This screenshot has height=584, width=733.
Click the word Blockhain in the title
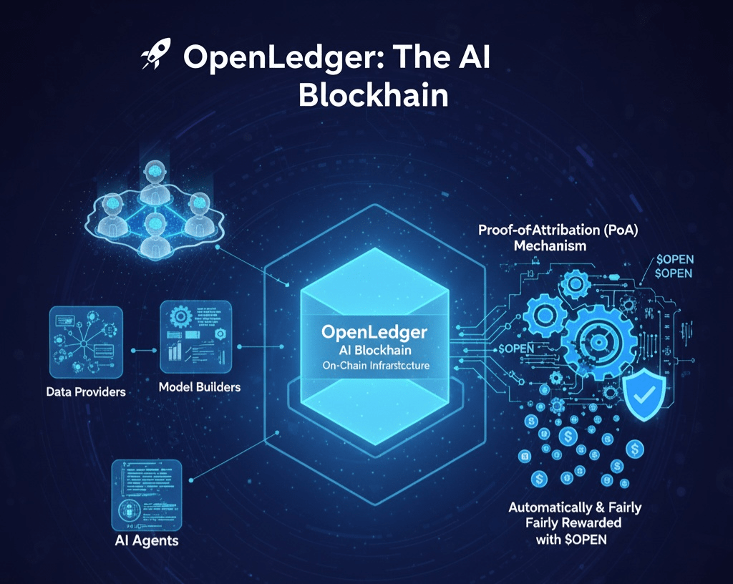click(x=373, y=95)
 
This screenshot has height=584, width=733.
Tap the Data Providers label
click(x=86, y=391)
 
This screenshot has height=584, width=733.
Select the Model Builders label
click(x=199, y=387)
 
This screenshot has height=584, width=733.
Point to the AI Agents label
click(x=146, y=540)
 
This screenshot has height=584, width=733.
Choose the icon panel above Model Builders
click(x=196, y=337)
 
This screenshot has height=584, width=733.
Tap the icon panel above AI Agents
click(x=147, y=494)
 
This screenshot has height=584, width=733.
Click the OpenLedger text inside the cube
click(x=374, y=332)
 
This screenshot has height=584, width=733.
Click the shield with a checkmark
click(x=646, y=396)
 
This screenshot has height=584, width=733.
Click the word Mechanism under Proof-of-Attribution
click(x=550, y=245)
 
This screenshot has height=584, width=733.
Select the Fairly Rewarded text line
click(x=574, y=523)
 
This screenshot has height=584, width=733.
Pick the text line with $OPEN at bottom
click(x=571, y=539)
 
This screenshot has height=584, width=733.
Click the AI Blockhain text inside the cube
click(x=374, y=351)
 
